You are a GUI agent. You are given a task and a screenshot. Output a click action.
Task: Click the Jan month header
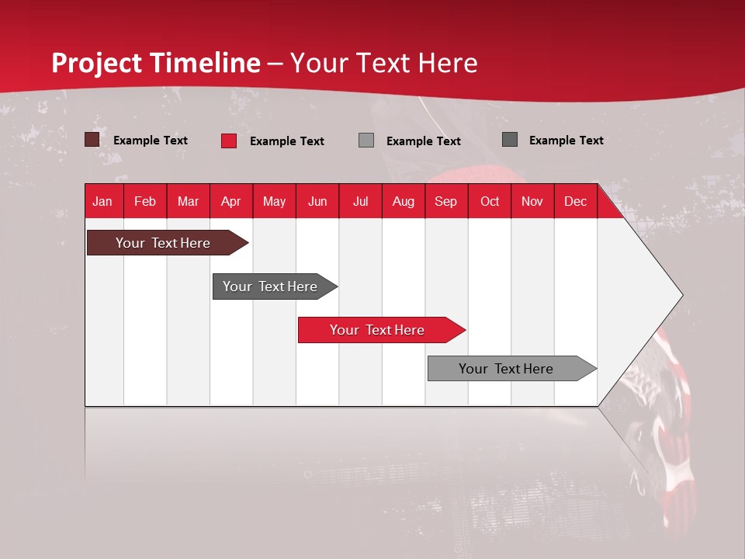point(102,202)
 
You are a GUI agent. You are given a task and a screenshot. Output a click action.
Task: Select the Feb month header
point(145,202)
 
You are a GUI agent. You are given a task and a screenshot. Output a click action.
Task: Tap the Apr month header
point(230,202)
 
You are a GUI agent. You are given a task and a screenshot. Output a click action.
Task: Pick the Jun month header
point(317,202)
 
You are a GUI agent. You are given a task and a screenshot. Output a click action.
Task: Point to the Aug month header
point(403,202)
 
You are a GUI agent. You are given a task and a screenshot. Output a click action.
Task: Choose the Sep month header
point(445,202)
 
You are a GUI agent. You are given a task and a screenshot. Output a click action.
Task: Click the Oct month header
point(490,202)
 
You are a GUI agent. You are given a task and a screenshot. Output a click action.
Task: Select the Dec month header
point(575,202)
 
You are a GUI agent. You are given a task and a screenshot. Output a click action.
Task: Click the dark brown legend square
point(92,140)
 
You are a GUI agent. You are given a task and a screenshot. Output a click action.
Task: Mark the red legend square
point(229,141)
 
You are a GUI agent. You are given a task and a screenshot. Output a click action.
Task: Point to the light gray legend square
point(366,141)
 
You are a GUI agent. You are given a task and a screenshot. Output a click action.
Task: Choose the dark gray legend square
point(510,140)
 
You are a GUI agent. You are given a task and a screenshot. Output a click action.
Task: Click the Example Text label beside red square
point(286,141)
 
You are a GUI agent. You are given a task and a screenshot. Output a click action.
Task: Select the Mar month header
point(188,202)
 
